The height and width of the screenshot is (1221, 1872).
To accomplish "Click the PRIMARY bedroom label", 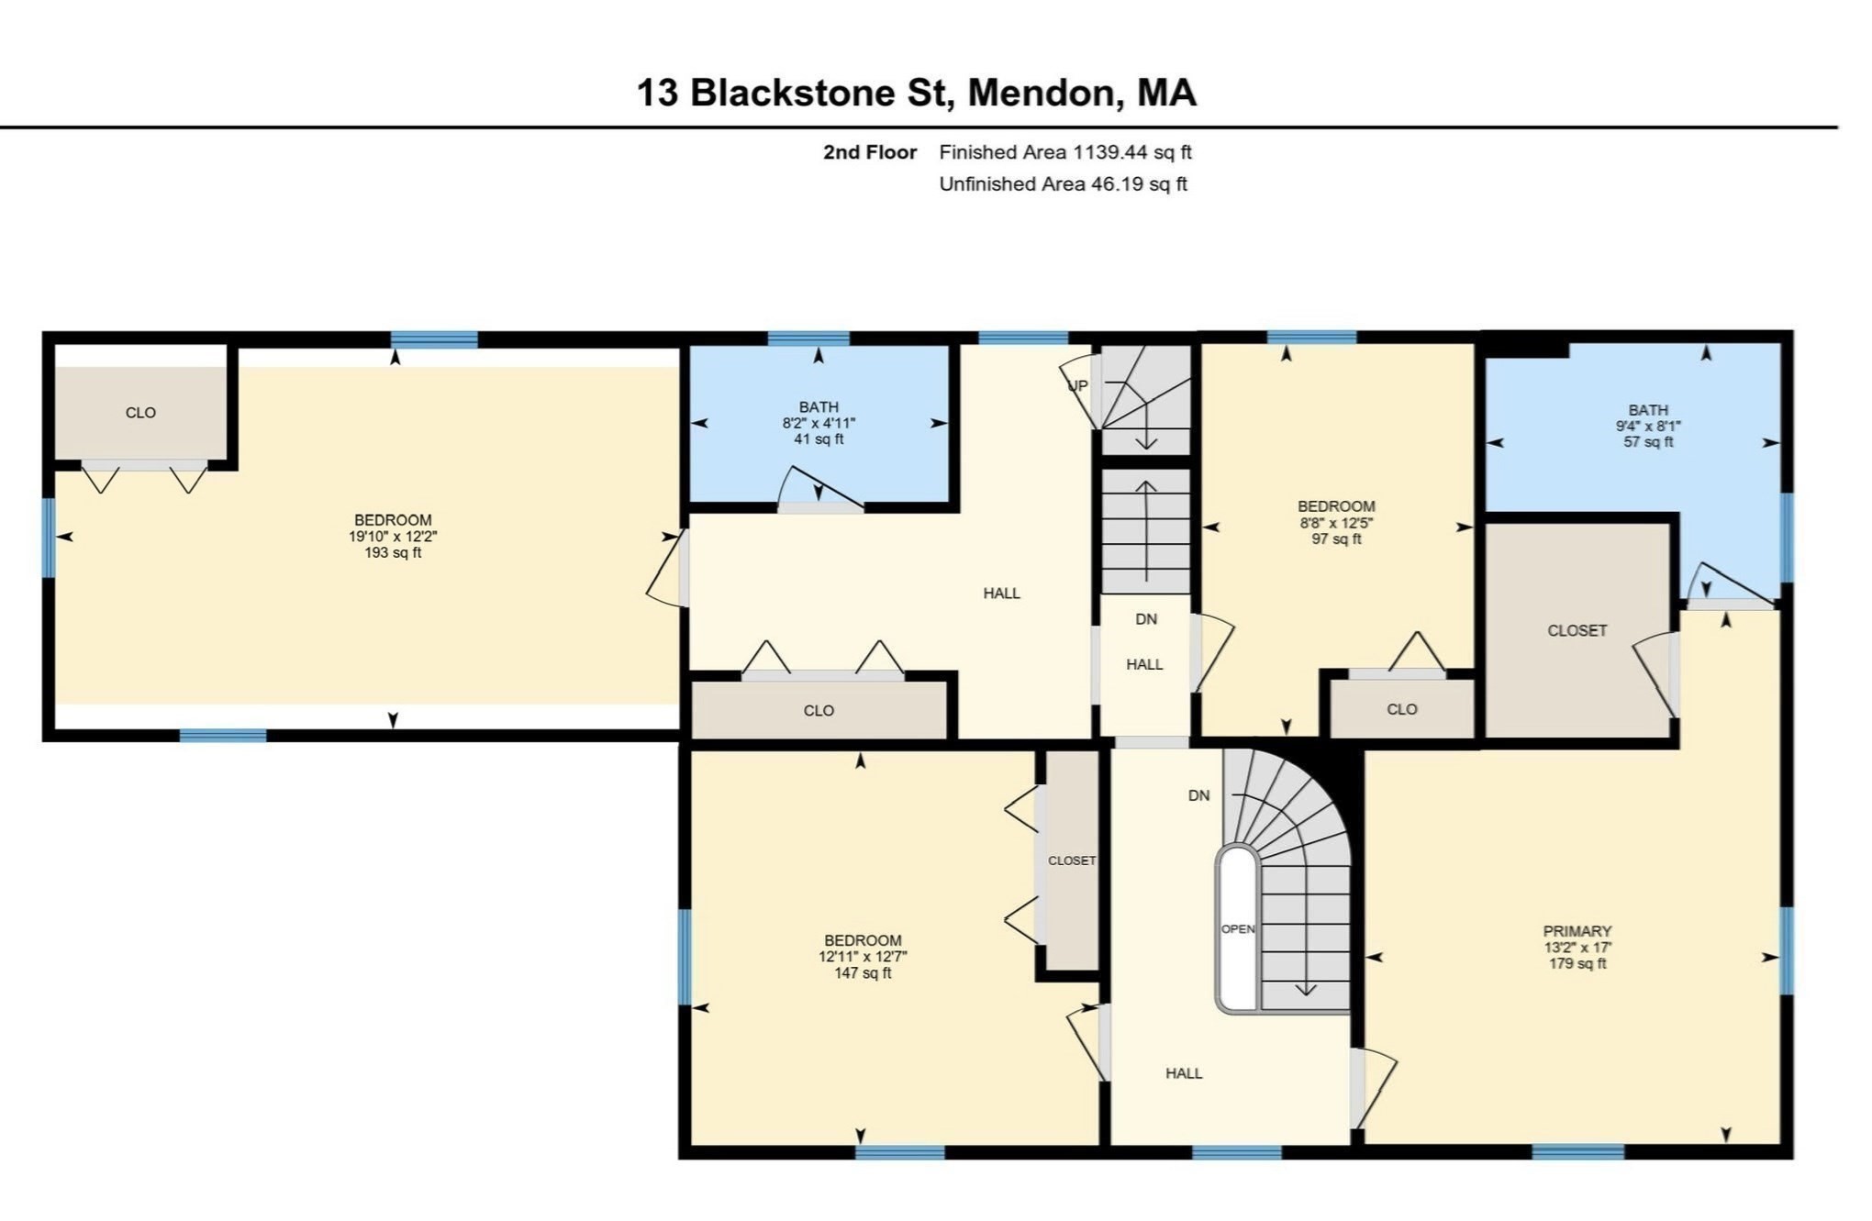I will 1577,930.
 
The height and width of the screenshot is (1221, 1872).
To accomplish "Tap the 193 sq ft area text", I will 393,552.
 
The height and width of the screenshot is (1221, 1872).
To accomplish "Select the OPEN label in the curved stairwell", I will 1238,928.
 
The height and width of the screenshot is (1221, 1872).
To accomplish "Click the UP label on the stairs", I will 1077,385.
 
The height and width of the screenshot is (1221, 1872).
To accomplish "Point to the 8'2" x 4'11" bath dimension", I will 819,423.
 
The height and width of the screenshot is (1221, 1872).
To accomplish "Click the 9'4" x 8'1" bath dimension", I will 1648,426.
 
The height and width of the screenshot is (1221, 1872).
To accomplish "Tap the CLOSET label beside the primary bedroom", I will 1577,630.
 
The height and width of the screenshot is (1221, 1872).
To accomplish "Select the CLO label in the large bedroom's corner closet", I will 140,413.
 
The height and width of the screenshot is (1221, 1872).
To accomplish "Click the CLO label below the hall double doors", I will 819,710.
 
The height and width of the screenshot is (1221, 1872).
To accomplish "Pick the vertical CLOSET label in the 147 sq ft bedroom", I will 1072,860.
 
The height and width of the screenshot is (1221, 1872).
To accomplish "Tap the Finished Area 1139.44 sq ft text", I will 1064,152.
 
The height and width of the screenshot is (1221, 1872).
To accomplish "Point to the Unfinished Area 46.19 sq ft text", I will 1063,183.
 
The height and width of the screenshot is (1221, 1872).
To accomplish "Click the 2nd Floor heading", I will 869,152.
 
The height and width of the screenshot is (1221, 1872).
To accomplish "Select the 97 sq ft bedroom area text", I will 1336,538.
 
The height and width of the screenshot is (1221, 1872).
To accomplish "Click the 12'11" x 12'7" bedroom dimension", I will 863,956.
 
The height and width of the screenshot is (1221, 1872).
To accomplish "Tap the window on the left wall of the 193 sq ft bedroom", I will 48,538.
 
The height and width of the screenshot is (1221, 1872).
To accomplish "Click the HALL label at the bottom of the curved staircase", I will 1184,1072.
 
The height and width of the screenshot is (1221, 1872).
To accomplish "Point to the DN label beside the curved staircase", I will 1198,795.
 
